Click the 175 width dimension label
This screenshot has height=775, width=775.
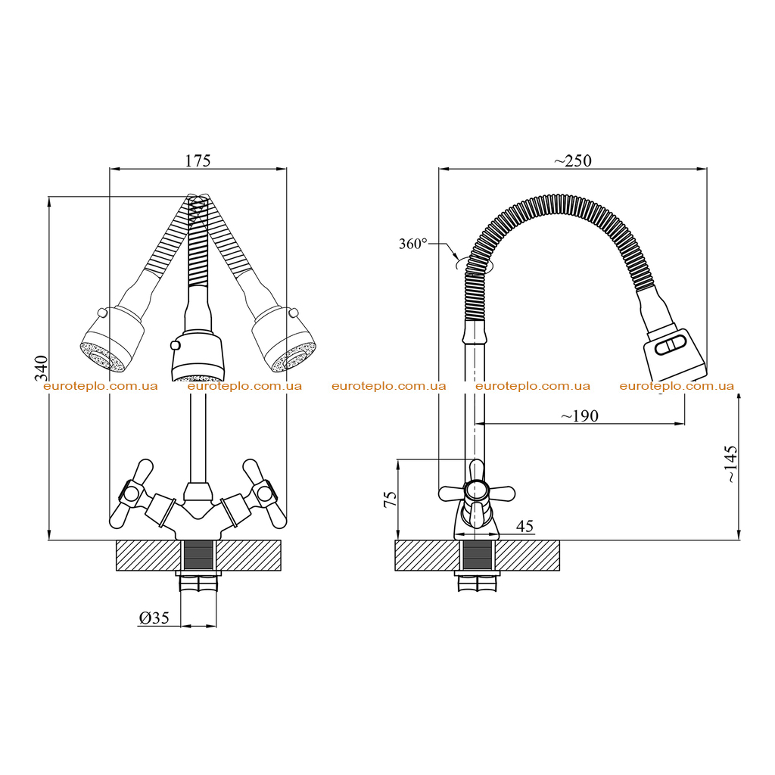point(198,160)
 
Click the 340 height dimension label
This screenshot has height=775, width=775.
point(42,369)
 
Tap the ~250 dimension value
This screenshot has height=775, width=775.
point(572,160)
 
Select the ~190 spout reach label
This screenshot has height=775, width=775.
point(579,416)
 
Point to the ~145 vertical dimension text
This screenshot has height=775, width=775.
point(731,464)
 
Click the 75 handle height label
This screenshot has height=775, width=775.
point(391,499)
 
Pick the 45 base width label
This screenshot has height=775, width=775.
point(525,527)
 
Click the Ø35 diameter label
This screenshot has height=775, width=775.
point(154,618)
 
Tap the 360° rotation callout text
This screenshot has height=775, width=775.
point(412,244)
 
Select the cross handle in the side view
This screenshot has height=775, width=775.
point(477,493)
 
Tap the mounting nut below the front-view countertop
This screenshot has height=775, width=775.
point(198,582)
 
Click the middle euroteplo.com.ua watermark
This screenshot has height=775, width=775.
point(388,386)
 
